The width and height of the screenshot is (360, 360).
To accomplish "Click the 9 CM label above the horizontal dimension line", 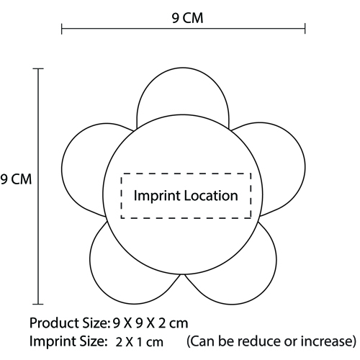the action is coord(187,18).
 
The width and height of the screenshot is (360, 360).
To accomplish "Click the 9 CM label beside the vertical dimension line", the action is coord(16,179).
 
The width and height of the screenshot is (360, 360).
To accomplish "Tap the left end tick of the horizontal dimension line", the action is coord(62,29).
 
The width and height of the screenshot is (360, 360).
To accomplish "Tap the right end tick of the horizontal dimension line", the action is coord(305,29).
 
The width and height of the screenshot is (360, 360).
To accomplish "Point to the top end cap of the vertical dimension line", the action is coord(38,68).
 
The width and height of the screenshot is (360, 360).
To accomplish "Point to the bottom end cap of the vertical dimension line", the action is coord(38,304).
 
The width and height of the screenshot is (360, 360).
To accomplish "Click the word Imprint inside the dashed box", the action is coord(157,196).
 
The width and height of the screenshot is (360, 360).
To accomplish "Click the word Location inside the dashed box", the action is coord(211,196).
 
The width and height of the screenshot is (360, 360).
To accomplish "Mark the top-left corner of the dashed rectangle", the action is coord(122,174).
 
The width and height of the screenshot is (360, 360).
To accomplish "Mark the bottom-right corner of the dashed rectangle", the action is coord(251,217).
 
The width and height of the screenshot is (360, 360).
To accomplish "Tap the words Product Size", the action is coord(69,323).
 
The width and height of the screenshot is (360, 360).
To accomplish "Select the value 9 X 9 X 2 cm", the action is coord(150,323).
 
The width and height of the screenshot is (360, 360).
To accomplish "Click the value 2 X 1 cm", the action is coord(139,342).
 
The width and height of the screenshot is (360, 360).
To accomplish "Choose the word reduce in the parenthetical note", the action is coord(258,341).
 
